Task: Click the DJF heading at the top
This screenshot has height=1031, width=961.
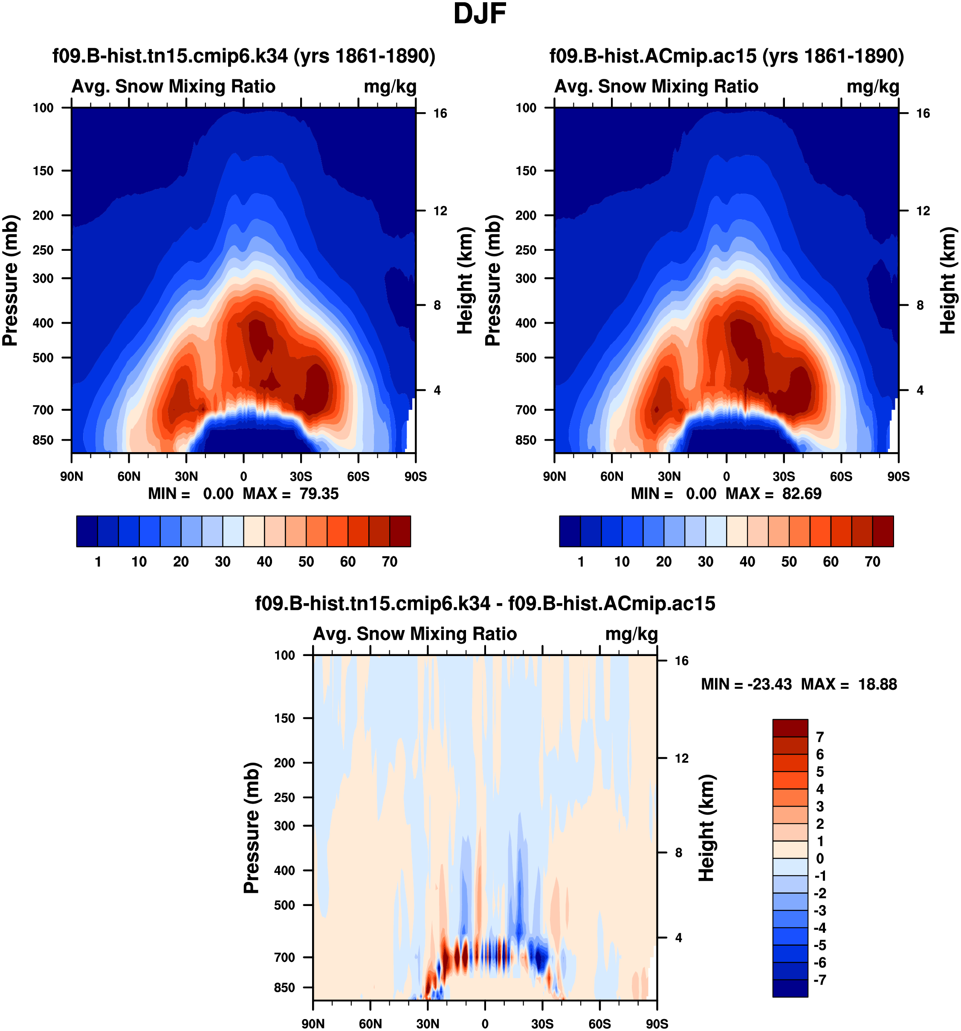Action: pos(480,14)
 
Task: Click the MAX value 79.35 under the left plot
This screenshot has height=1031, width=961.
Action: pos(319,494)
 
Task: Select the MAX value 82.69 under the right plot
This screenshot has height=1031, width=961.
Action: pos(802,494)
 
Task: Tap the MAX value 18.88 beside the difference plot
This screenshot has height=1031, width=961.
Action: pos(877,685)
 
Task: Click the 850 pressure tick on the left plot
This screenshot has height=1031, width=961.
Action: pos(43,440)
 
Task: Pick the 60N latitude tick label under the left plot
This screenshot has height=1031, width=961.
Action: pos(129,476)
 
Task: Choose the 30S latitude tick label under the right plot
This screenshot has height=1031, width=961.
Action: pos(784,476)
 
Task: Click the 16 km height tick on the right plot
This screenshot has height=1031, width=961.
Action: pos(923,113)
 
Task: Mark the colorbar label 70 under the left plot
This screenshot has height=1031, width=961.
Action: pos(390,562)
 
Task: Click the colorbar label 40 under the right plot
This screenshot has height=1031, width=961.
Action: pos(747,562)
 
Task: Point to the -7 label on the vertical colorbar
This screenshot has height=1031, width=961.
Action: pos(820,980)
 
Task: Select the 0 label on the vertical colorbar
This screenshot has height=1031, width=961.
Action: pos(820,858)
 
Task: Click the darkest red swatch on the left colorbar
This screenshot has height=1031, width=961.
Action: pos(400,531)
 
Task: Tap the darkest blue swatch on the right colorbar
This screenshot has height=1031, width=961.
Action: pos(570,531)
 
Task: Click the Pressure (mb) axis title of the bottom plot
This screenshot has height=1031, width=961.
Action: pos(252,828)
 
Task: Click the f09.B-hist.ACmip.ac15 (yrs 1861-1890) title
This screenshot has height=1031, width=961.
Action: pos(727,56)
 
